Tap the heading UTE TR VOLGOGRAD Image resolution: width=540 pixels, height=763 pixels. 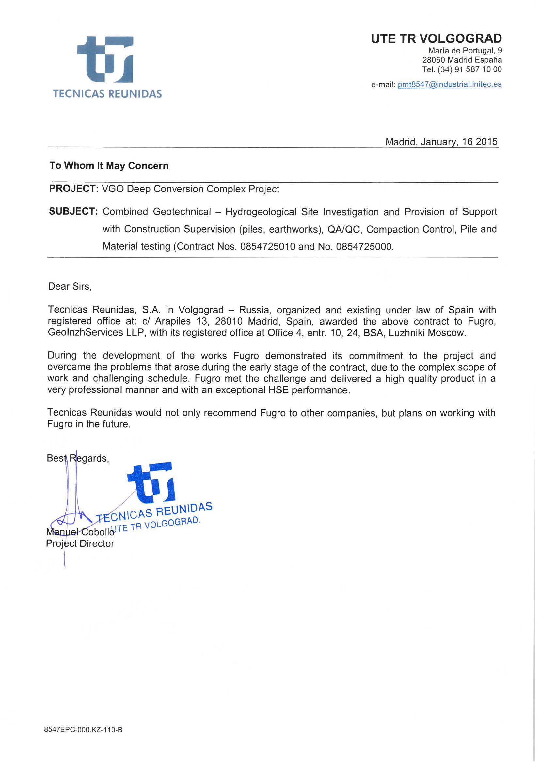click(x=436, y=39)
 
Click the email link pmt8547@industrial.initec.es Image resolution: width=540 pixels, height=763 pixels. click(x=450, y=84)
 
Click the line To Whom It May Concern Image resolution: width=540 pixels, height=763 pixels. click(x=109, y=166)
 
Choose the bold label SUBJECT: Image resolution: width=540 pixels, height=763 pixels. click(x=73, y=211)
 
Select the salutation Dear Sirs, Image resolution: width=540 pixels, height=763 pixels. click(x=70, y=286)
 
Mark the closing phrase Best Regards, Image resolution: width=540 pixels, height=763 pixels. click(x=78, y=458)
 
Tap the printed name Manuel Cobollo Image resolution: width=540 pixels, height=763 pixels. click(x=80, y=532)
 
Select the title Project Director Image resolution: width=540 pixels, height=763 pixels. click(x=80, y=544)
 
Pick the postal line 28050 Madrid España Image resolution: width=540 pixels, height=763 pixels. click(x=462, y=60)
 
